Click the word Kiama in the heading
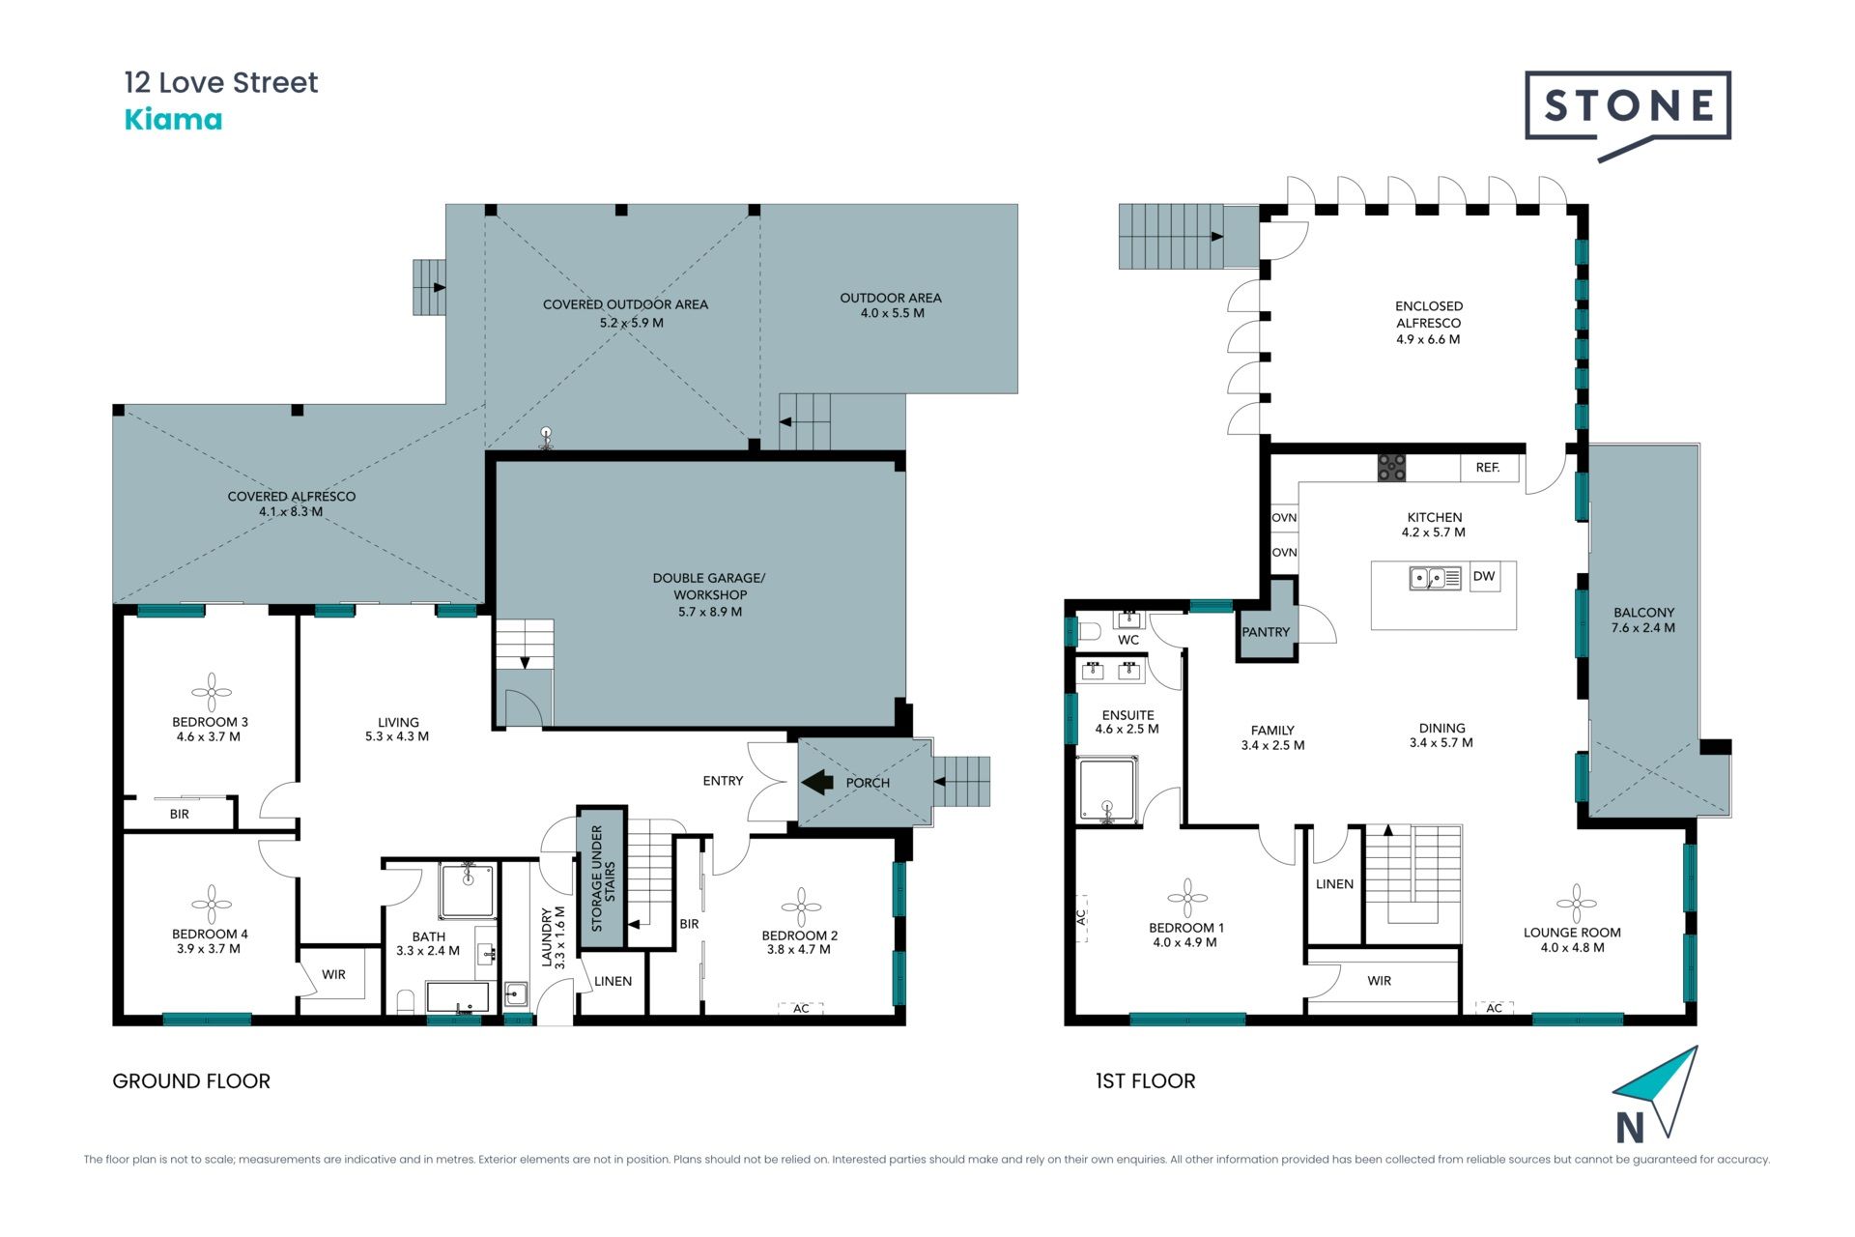(174, 120)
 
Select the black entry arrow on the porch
(818, 781)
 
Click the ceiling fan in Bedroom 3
(211, 692)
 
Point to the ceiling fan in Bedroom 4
(211, 905)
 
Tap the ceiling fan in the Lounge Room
(1576, 904)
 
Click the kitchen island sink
(1436, 578)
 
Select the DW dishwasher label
(1484, 577)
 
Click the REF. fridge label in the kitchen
(1488, 468)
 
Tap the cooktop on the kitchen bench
(1391, 468)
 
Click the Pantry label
(1266, 632)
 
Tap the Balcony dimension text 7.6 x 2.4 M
(1643, 628)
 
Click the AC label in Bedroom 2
(801, 1009)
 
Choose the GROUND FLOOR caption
(191, 1081)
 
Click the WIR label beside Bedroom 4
(333, 975)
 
